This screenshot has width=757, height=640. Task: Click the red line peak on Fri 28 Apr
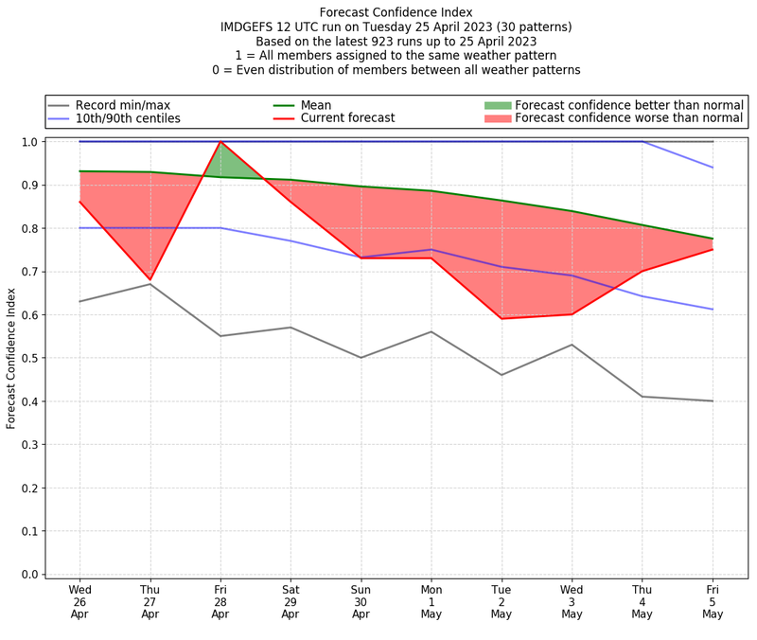tap(220, 142)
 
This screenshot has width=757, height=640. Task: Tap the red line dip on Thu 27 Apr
tap(150, 280)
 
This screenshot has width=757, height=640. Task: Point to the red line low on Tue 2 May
tap(502, 318)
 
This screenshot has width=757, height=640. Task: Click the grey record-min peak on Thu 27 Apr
tap(150, 284)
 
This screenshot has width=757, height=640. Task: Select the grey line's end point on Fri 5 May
tap(713, 400)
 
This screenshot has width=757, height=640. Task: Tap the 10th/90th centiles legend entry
tap(127, 118)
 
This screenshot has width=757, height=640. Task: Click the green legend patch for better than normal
tap(497, 105)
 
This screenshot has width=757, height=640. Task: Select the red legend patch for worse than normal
tap(497, 118)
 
